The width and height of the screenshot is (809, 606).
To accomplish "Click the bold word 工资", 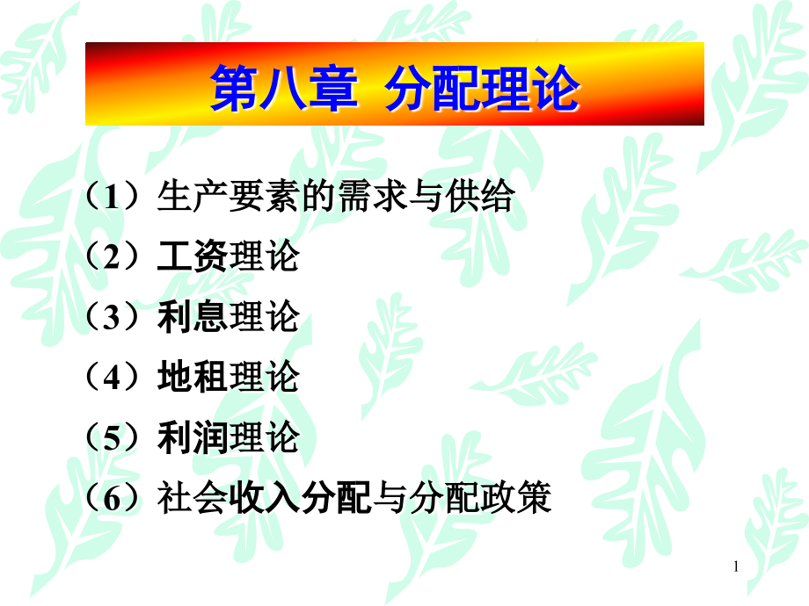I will click(193, 257).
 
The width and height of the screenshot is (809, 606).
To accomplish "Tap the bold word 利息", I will click(193, 318).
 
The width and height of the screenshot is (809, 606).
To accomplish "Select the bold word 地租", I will click(193, 378).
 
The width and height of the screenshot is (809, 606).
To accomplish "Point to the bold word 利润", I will click(193, 438).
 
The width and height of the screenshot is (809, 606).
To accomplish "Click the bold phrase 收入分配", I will click(300, 499).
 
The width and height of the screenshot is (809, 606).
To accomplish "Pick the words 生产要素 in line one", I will click(228, 198).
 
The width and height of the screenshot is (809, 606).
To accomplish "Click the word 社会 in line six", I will click(193, 499).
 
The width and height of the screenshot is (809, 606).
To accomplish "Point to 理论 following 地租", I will click(264, 378).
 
